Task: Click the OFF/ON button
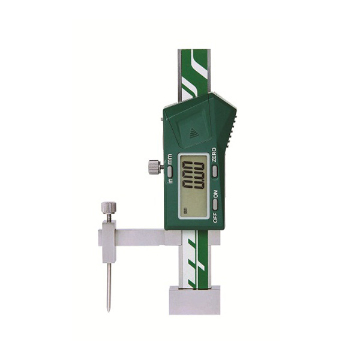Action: tap(214, 204)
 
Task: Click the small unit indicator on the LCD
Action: tap(185, 211)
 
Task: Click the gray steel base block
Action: tap(194, 300)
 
